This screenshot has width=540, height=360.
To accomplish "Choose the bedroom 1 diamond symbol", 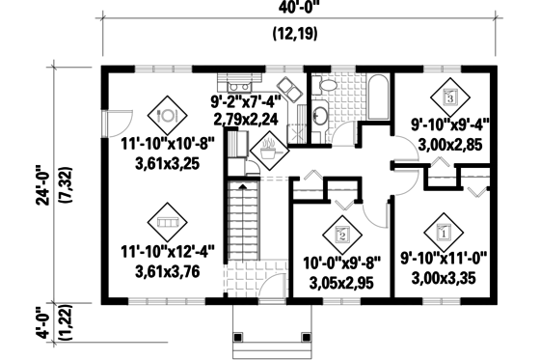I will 444,232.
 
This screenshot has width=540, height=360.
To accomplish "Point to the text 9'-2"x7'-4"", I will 245,101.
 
